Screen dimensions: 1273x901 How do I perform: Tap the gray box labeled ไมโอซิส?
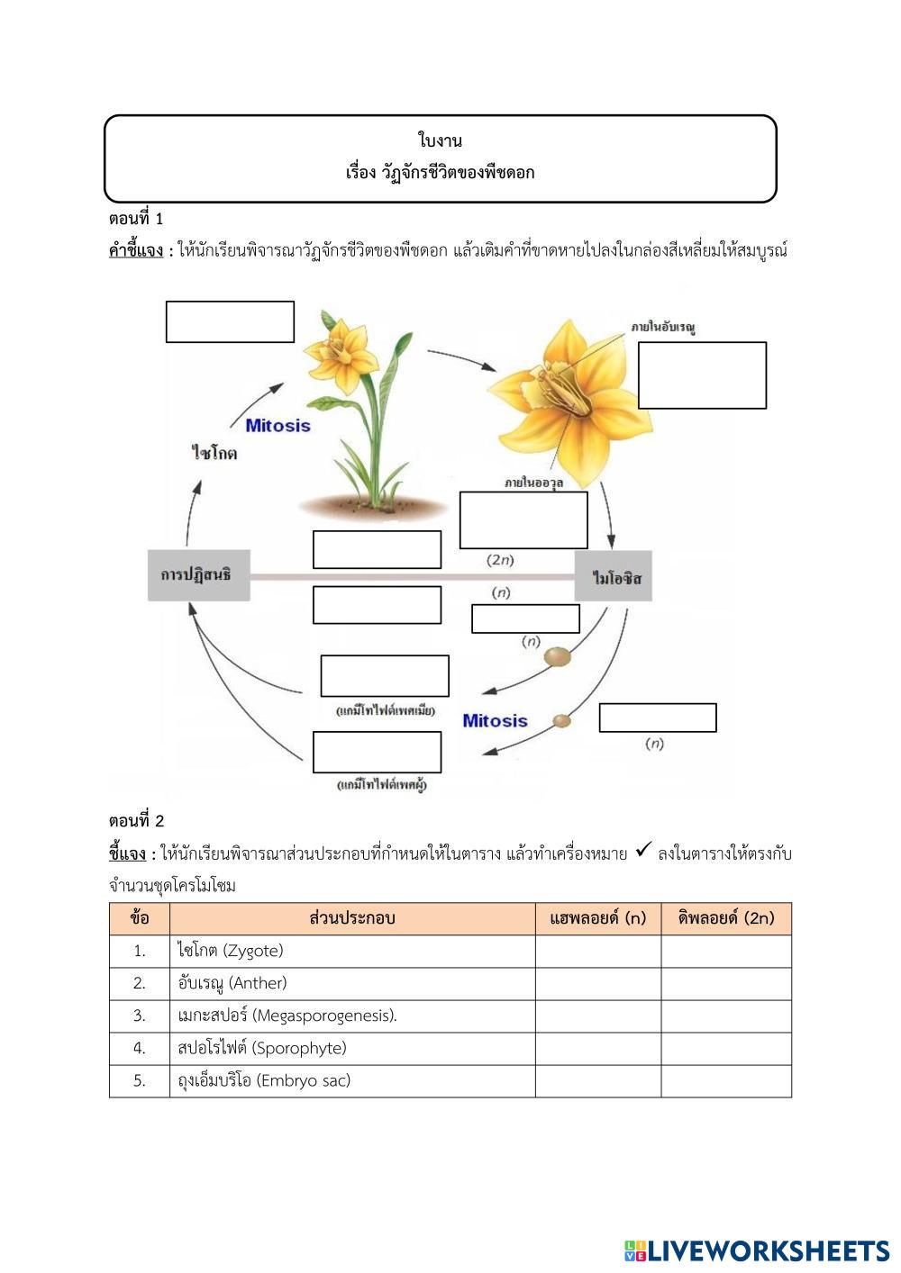614,576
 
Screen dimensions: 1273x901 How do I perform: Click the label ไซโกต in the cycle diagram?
214,453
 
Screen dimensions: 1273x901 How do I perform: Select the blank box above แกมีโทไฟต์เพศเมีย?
385,676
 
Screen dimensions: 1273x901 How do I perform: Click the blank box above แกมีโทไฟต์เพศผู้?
377,752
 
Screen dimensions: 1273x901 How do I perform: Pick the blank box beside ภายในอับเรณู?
702,375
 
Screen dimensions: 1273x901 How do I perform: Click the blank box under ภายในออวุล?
523,519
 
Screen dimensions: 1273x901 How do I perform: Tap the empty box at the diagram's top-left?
230,321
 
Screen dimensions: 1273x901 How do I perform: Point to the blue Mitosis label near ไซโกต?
278,425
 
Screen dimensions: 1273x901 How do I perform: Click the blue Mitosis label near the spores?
495,720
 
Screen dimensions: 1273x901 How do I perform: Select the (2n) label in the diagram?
500,560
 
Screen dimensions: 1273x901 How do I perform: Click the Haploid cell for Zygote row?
598,951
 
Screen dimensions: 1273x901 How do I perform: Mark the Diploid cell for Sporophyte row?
726,1048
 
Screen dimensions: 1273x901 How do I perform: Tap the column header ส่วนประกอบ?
352,918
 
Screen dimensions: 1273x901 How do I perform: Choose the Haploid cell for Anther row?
598,983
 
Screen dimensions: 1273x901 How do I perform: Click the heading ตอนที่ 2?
136,821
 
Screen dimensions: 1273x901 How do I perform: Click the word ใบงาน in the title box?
441,140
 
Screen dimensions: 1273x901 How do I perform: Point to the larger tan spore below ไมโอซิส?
557,657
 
